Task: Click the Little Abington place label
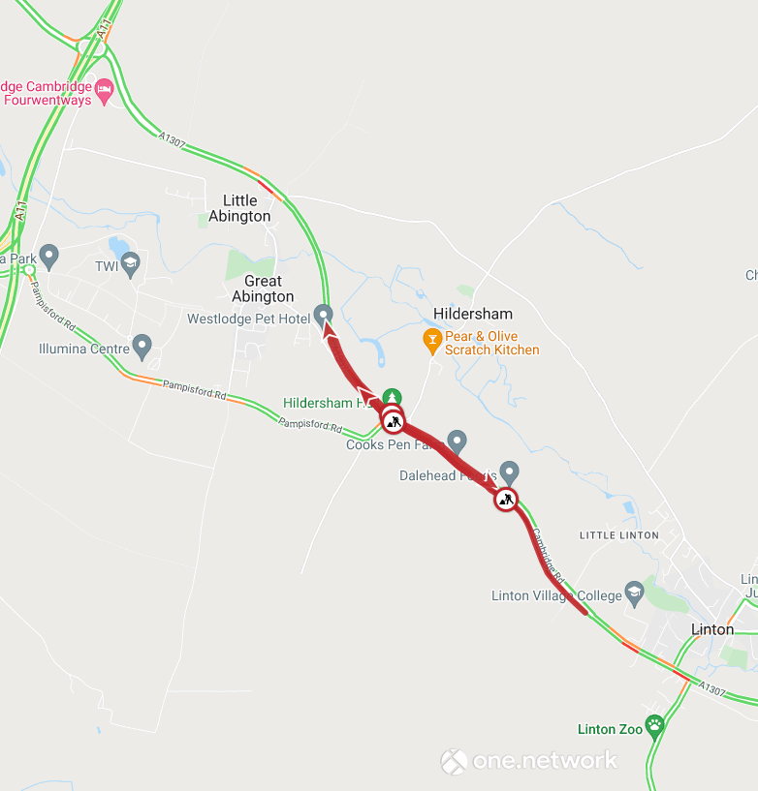pos(239,208)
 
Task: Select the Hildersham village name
pos(473,314)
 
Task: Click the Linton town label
pos(712,629)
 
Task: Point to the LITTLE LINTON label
pos(618,535)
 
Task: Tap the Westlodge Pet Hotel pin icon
pos(324,315)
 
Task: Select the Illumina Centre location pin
pos(142,345)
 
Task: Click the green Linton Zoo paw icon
pos(656,724)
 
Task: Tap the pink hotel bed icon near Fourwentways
pos(105,91)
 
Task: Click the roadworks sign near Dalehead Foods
pos(505,500)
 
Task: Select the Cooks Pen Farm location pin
pos(458,441)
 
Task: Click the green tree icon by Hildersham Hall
pos(391,397)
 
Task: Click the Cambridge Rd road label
pos(549,555)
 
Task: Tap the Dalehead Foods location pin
pos(509,472)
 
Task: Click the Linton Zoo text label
pos(610,729)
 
